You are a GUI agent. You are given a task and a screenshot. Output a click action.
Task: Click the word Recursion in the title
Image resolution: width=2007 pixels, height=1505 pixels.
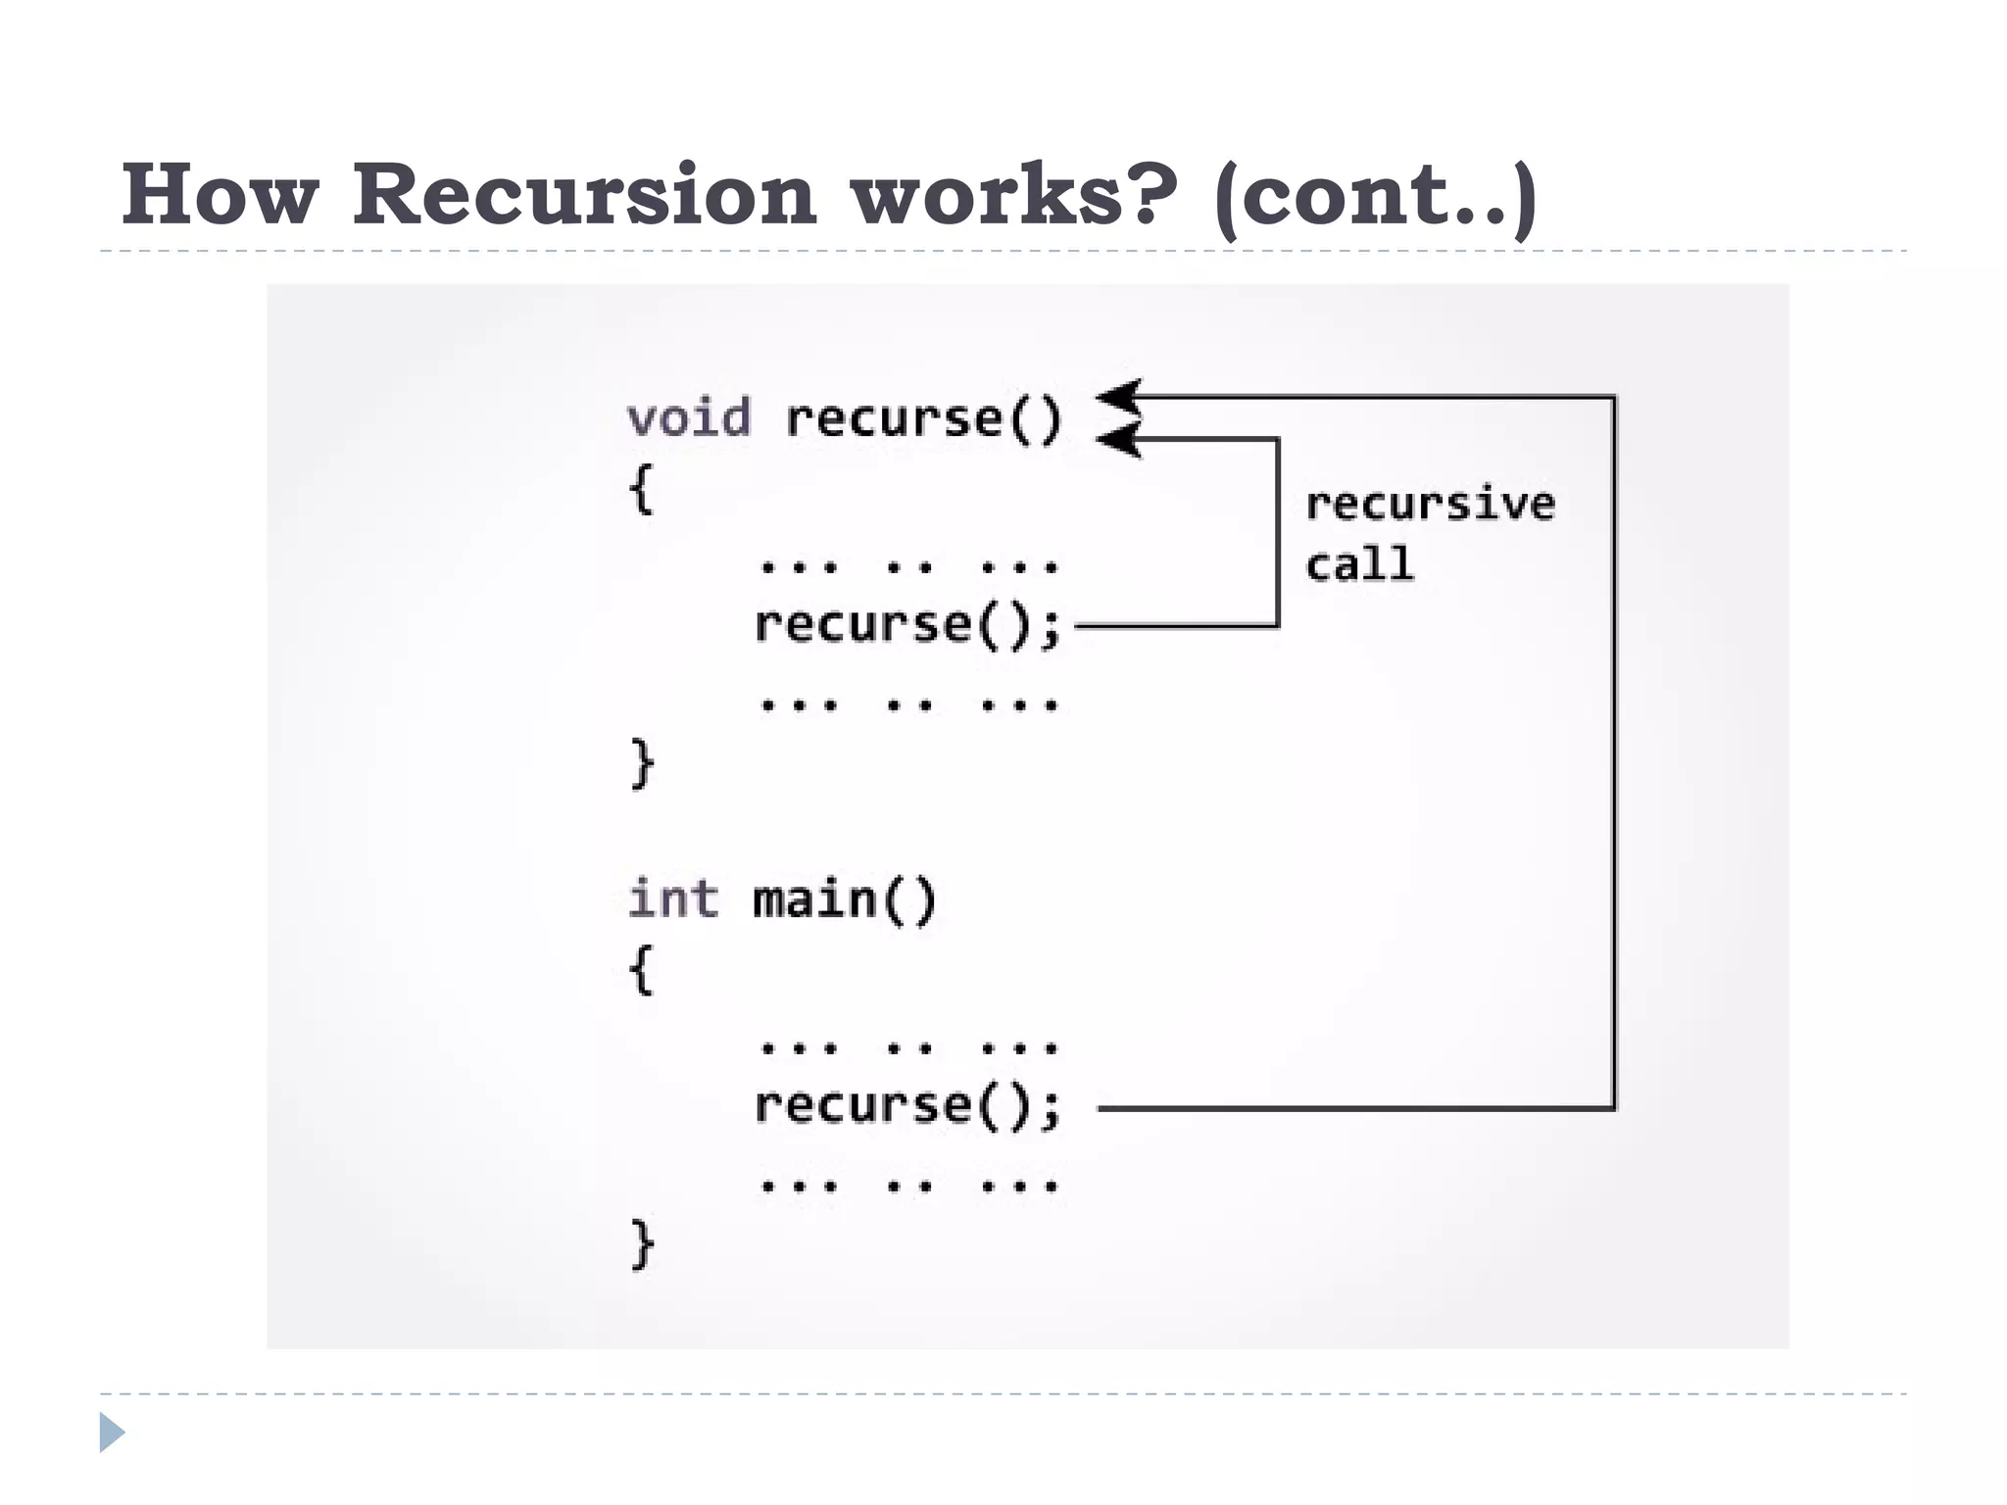[584, 194]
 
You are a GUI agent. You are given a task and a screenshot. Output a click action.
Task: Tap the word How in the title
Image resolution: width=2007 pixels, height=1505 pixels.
[220, 194]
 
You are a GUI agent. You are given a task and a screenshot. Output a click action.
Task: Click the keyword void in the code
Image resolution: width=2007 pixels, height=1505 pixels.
[689, 418]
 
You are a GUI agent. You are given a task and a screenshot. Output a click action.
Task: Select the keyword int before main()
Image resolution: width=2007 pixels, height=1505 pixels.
[672, 898]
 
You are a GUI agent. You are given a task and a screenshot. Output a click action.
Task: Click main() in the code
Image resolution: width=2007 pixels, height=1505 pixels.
[845, 899]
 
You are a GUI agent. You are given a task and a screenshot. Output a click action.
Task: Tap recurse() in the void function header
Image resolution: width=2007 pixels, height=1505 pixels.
[924, 419]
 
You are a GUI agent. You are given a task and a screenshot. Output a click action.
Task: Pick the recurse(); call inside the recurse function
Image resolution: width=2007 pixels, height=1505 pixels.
[907, 625]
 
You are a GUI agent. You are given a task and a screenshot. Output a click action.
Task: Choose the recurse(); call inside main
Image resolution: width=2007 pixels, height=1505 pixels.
[907, 1106]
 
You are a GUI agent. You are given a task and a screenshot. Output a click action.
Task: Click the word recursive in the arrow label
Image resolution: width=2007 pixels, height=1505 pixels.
[1430, 504]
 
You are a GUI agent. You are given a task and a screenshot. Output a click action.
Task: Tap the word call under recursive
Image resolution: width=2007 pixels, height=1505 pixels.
[1360, 564]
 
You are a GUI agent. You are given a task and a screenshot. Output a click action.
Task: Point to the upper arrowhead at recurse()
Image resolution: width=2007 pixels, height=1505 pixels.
[1119, 397]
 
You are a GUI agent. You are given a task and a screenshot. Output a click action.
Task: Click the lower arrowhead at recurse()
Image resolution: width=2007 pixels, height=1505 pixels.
[1119, 440]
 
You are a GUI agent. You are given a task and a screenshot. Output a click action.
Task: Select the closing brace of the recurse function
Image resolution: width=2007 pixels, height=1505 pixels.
[642, 763]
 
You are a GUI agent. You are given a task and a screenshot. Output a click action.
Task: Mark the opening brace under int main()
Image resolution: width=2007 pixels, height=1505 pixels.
[641, 969]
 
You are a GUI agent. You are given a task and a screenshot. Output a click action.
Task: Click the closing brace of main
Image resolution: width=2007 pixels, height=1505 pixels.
[642, 1243]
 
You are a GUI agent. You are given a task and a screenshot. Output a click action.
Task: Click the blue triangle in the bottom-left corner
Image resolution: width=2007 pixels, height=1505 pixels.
[112, 1432]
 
